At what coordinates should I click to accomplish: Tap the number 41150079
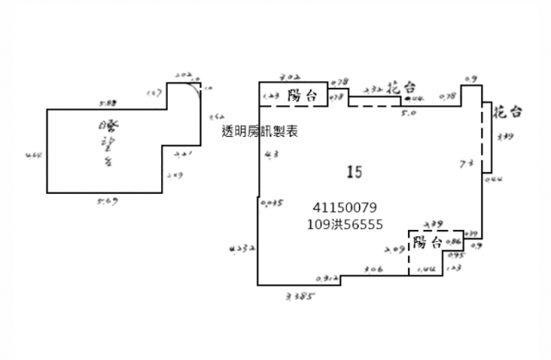click(x=344, y=208)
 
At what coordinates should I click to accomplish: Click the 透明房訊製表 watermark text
click(x=259, y=132)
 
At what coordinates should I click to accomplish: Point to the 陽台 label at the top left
click(x=300, y=96)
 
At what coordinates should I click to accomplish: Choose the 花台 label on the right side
click(x=507, y=111)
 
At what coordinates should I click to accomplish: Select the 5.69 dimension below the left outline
click(x=108, y=202)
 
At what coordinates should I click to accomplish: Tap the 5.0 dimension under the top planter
click(x=409, y=112)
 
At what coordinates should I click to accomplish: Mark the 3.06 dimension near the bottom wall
click(x=373, y=270)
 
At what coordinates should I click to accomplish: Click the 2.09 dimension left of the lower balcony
click(x=395, y=250)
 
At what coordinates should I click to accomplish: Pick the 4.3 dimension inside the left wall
click(x=272, y=155)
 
